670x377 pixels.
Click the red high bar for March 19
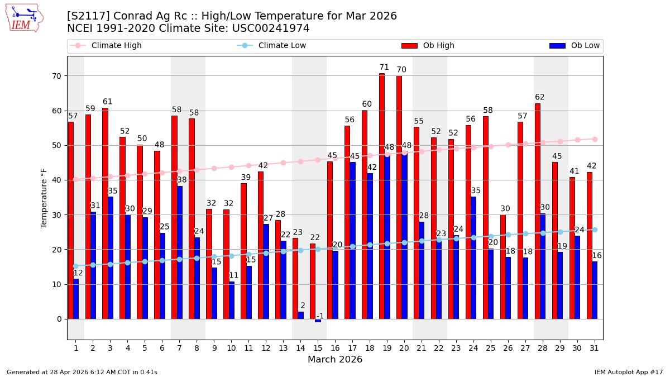coord(382,195)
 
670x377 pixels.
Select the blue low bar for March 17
coord(353,240)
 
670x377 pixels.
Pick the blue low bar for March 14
coord(301,316)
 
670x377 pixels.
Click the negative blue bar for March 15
coord(318,321)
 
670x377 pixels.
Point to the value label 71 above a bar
coord(384,68)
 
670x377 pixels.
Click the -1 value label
coord(320,316)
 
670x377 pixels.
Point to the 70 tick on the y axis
coord(56,76)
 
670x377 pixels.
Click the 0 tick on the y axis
coord(59,319)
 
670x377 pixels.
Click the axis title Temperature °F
coord(44,198)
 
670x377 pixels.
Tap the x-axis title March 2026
coord(335,360)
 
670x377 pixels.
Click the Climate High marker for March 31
coord(595,139)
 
